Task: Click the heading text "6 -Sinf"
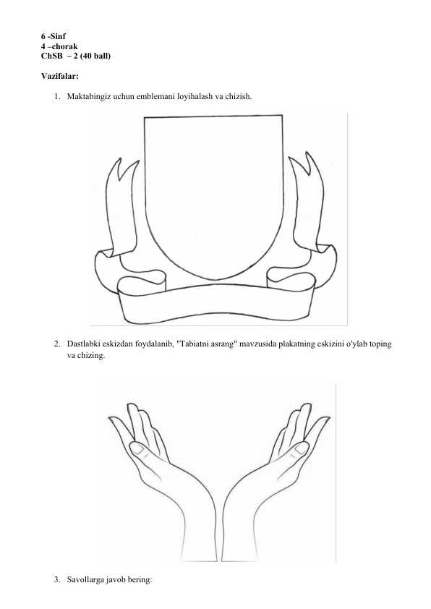click(x=54, y=36)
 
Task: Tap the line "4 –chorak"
click(x=59, y=46)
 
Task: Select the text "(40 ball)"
click(x=95, y=56)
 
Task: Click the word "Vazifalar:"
click(x=60, y=76)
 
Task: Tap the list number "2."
click(x=57, y=344)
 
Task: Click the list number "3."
click(x=57, y=580)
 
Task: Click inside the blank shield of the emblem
click(x=213, y=194)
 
